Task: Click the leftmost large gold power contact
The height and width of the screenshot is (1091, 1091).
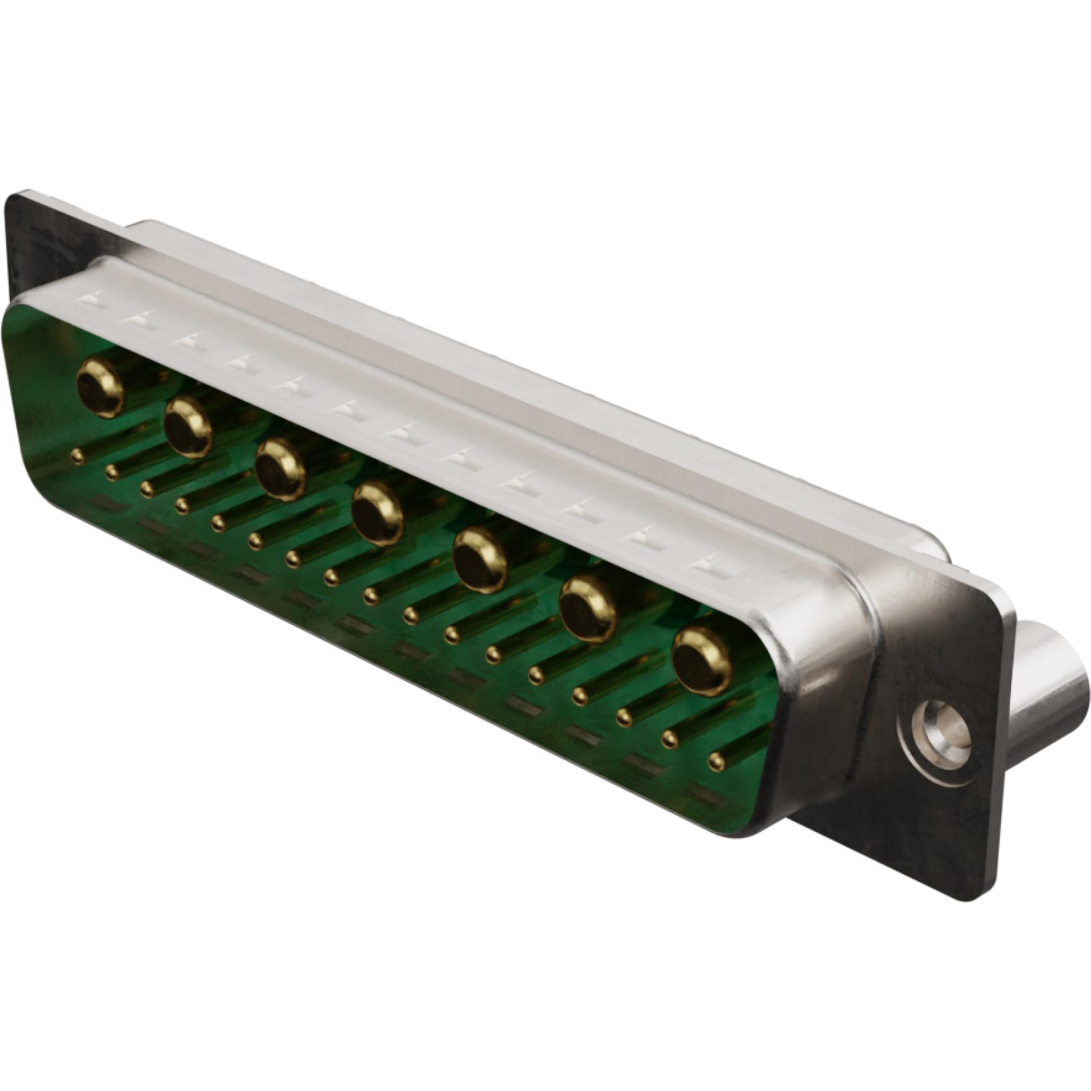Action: click(x=101, y=387)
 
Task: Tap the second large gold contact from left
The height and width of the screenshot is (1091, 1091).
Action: click(x=188, y=427)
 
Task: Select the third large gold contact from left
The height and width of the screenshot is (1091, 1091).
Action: click(x=280, y=469)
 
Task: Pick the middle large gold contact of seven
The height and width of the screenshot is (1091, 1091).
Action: click(x=377, y=513)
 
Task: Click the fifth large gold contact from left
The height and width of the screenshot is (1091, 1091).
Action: click(x=479, y=559)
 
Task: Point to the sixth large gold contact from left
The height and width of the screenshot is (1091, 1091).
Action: click(x=588, y=608)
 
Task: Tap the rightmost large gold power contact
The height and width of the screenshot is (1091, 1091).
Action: click(x=702, y=660)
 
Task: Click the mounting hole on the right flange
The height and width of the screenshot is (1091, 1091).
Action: click(x=939, y=730)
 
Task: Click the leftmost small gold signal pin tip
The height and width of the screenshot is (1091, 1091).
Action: click(x=78, y=456)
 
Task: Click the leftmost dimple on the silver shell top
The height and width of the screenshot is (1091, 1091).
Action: click(x=91, y=298)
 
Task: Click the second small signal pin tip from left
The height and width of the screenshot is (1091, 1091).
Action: click(x=112, y=472)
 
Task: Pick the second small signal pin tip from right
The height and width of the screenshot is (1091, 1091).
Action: click(x=670, y=739)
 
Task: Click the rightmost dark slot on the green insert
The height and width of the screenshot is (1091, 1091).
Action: click(x=706, y=793)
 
